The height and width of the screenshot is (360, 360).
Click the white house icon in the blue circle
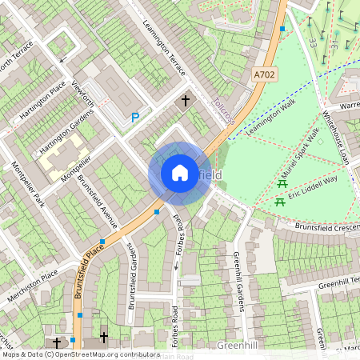coord(180,173)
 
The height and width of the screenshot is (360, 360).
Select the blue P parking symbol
coord(135,118)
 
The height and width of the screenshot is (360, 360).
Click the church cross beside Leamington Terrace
coord(186,101)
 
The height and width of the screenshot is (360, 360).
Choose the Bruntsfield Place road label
coord(90,272)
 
